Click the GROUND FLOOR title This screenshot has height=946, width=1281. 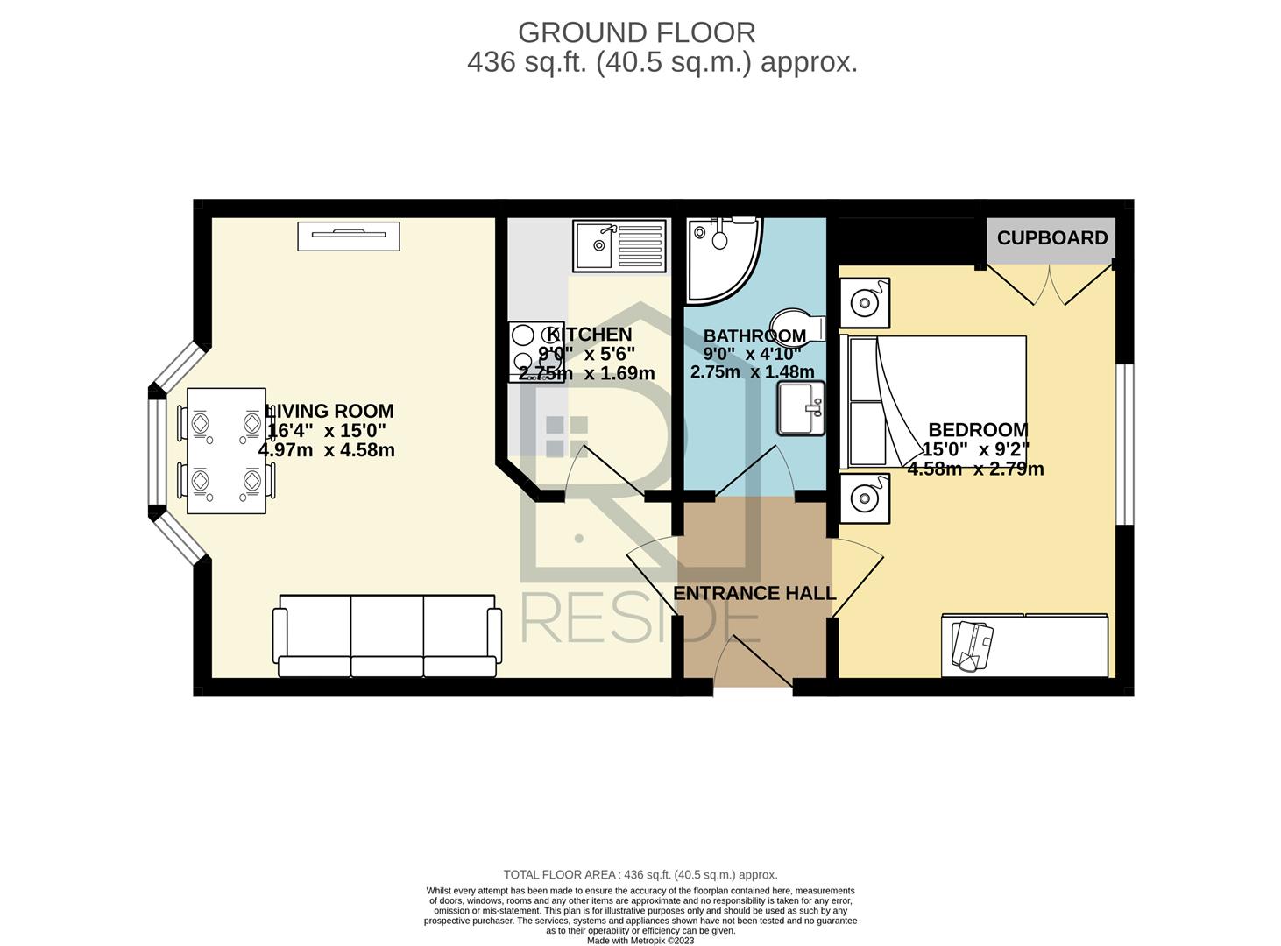tap(636, 33)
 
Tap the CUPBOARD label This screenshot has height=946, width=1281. tap(1051, 238)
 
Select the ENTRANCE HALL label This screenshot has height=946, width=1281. tap(754, 593)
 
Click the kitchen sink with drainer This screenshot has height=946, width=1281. tap(619, 245)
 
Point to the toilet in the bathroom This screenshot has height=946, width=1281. tap(798, 327)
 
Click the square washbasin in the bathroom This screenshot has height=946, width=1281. tap(801, 407)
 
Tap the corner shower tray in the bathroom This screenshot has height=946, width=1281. tap(722, 260)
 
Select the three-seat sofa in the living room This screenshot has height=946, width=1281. tap(387, 635)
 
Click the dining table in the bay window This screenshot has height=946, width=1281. tap(226, 451)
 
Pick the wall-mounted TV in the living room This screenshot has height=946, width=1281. tap(348, 236)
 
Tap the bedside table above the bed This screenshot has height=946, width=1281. tap(865, 302)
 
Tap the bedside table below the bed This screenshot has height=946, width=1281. tap(865, 498)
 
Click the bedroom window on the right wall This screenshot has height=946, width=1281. tap(1124, 444)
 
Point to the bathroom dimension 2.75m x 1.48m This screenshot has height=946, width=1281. tap(753, 372)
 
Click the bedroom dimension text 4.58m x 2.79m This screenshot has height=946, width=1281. tap(975, 469)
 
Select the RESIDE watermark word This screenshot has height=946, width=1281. tap(640, 621)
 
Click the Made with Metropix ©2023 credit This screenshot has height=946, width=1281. tap(640, 941)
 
